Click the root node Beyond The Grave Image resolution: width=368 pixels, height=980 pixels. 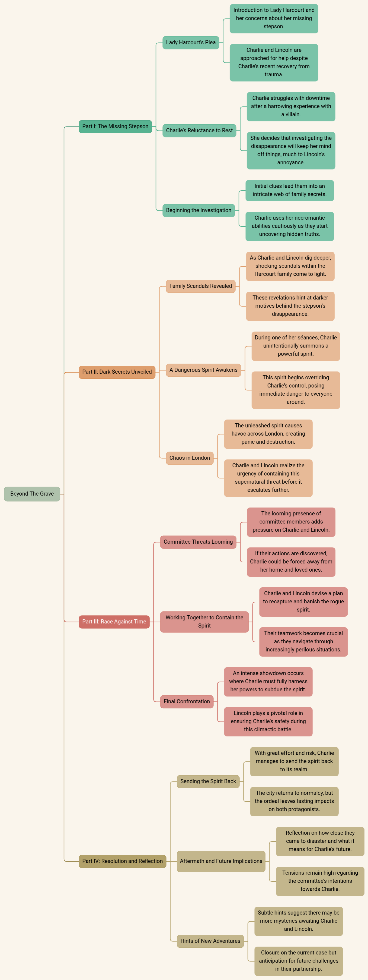click(x=32, y=494)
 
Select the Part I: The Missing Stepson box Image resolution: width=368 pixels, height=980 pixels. click(x=115, y=126)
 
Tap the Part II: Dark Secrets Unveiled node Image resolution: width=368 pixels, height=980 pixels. click(x=117, y=372)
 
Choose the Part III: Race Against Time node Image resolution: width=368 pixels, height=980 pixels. click(x=114, y=622)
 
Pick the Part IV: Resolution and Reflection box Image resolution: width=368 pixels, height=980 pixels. click(x=122, y=861)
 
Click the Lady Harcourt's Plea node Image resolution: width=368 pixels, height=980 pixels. click(x=191, y=43)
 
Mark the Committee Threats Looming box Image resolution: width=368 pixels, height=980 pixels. click(x=198, y=542)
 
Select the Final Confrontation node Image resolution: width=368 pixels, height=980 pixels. click(x=187, y=701)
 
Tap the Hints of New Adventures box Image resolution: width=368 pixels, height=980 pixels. click(x=210, y=941)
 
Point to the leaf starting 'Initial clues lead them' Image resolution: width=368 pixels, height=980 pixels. click(x=290, y=191)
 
